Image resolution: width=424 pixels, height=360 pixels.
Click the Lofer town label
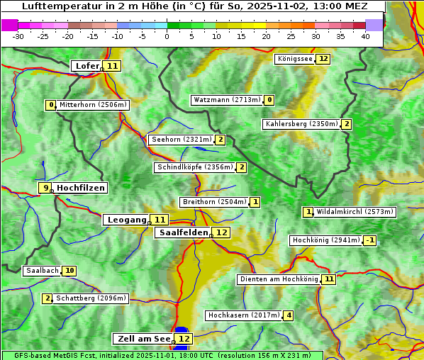tap(87, 66)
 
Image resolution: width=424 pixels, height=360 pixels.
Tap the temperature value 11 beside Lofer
tap(113, 66)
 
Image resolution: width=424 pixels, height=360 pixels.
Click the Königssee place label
tap(294, 59)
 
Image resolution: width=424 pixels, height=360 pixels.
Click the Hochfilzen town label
tap(81, 188)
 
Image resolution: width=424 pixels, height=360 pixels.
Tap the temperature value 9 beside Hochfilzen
tap(45, 188)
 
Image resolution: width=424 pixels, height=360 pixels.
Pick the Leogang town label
tap(127, 220)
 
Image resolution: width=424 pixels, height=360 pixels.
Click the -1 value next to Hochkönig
tap(370, 240)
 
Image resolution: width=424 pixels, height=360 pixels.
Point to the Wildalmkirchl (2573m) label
tap(355, 211)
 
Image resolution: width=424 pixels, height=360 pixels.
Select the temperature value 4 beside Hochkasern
tap(288, 315)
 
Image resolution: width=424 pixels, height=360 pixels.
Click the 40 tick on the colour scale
tap(365, 36)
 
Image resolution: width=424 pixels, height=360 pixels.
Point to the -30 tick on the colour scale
tap(18, 36)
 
